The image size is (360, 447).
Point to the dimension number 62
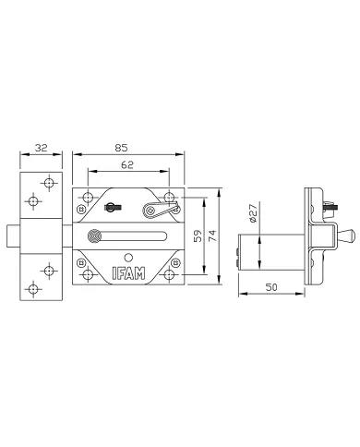[127, 164]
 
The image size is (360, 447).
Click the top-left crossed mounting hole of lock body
[87, 198]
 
